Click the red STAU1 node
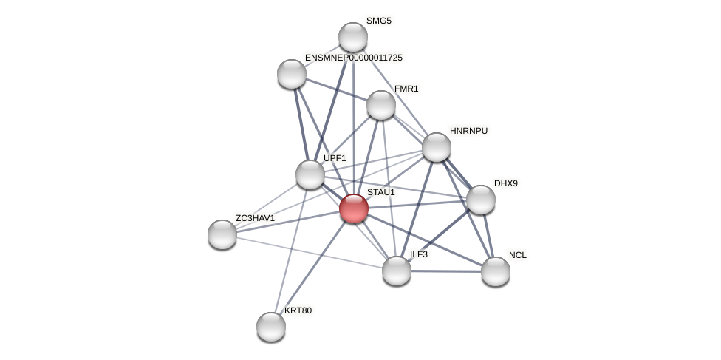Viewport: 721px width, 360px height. (354, 208)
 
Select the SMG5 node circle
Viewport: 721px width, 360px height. (353, 37)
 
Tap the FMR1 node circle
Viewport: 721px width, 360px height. (381, 105)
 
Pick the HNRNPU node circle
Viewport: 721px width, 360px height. (437, 147)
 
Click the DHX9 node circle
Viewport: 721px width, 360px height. (481, 200)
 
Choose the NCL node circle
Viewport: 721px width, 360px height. (496, 271)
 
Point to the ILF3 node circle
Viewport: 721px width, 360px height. (397, 271)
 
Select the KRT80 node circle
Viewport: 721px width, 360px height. (271, 327)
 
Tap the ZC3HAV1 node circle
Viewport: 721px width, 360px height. (222, 234)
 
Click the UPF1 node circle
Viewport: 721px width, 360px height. (310, 174)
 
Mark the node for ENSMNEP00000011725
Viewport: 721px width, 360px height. (292, 74)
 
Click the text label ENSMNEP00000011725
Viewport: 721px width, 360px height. (354, 58)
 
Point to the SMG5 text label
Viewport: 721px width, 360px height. (379, 21)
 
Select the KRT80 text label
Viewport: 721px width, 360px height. (298, 310)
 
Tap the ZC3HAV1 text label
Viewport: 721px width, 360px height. (255, 218)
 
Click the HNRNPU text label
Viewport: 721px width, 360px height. (468, 131)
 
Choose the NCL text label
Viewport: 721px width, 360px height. (518, 255)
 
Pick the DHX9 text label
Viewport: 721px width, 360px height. (506, 183)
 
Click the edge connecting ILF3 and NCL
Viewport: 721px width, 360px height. (446, 271)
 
